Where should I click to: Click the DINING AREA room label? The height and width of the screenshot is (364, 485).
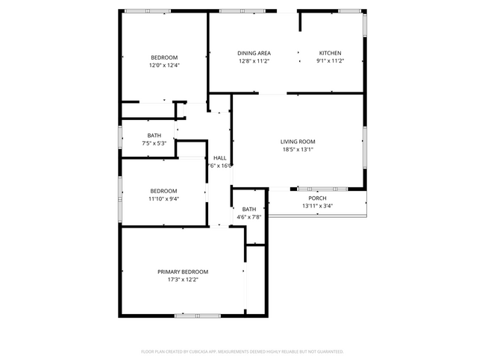point(254,53)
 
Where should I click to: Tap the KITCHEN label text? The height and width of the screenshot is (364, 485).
point(330,53)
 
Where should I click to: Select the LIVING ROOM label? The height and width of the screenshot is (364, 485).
point(298,141)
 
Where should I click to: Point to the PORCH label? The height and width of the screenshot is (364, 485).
point(317,198)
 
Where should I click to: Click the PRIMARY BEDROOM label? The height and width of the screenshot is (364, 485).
point(182,272)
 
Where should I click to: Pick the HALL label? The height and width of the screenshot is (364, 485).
point(220,158)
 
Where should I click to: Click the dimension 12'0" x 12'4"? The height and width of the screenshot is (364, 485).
point(164,66)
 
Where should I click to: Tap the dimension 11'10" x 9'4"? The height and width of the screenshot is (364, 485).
point(163,198)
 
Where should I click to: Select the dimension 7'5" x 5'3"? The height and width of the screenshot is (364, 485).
point(154,143)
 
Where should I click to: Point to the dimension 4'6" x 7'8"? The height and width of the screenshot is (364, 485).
point(248,218)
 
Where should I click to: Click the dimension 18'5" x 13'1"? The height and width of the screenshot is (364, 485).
point(298,149)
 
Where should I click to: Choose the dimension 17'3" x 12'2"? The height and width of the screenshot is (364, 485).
point(182,280)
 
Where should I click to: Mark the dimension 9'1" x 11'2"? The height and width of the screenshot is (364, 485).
point(330,61)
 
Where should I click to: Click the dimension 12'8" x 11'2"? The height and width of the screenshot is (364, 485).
point(254,61)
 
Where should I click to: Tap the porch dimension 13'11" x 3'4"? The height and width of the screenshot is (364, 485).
point(317,206)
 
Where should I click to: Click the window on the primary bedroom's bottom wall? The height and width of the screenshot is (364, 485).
point(197,316)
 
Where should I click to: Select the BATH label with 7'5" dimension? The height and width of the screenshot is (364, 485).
point(154,135)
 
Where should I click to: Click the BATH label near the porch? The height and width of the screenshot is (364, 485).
point(248,210)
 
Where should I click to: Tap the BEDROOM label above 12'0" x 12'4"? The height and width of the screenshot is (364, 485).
point(164,57)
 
